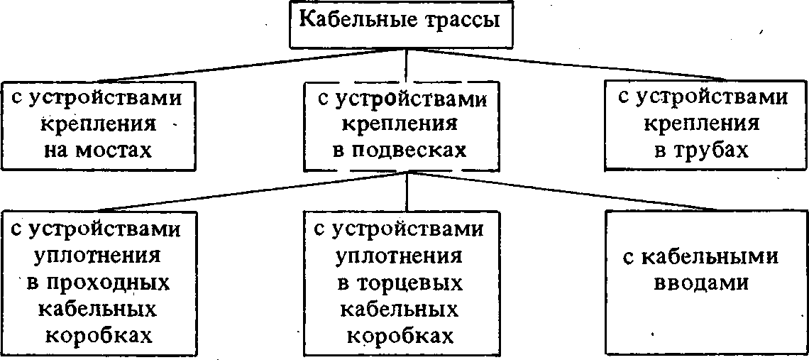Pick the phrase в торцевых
[402, 283]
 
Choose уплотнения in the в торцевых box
[399, 256]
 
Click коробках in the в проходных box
[99, 336]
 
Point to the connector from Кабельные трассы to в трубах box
[565, 65]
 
